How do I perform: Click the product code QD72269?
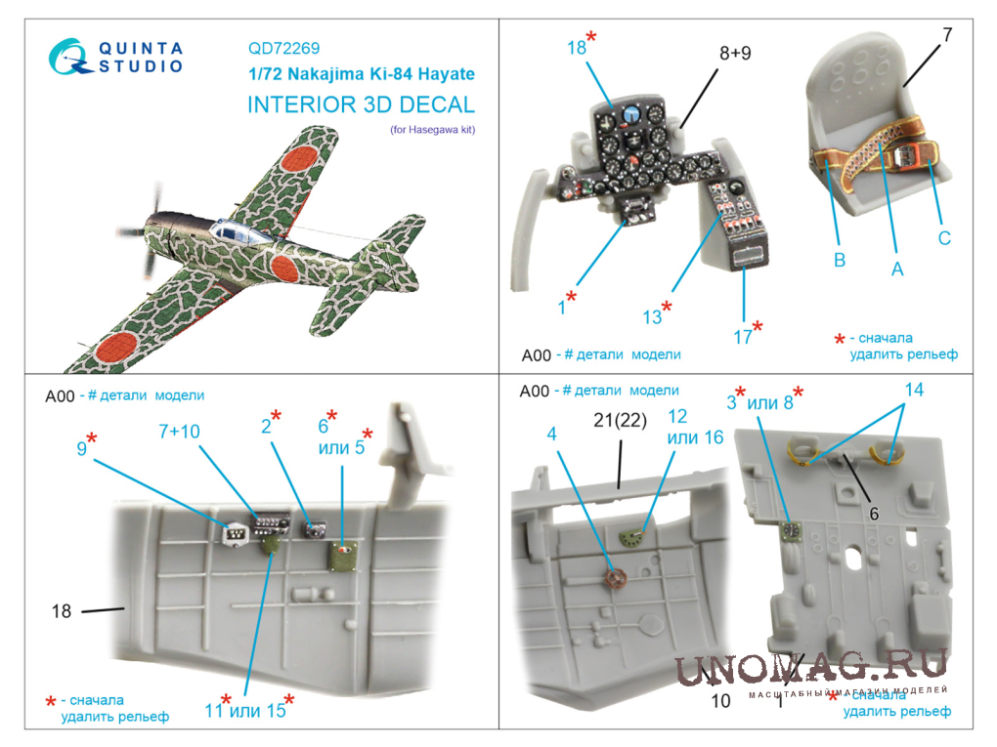point(283,48)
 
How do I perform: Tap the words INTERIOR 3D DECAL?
point(361,104)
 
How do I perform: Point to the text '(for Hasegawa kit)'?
point(432,130)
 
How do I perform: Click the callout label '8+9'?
point(735,53)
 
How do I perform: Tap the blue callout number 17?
point(743,337)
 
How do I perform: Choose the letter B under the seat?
point(840,260)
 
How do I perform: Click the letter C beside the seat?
point(944,238)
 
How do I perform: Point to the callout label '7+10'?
point(179,432)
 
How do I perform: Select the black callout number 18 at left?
point(61,611)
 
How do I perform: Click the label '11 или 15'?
point(245,710)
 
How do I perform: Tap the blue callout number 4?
point(551,434)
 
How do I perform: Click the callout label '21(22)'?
point(620,420)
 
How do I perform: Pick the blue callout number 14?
point(914,390)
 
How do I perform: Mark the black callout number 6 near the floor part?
point(874,514)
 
